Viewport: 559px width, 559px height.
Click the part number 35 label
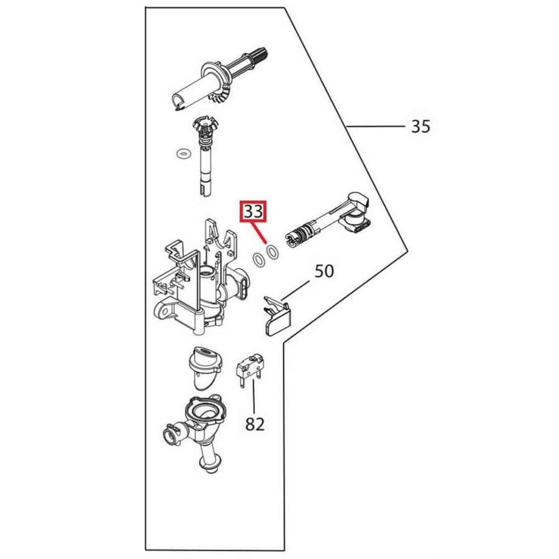point(420,126)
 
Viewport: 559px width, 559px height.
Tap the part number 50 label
point(324,271)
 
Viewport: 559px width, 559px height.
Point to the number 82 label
point(255,424)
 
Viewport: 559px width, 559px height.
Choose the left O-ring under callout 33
point(259,260)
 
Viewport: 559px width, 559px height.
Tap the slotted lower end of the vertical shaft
point(205,190)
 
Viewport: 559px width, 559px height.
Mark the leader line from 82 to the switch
point(254,397)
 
